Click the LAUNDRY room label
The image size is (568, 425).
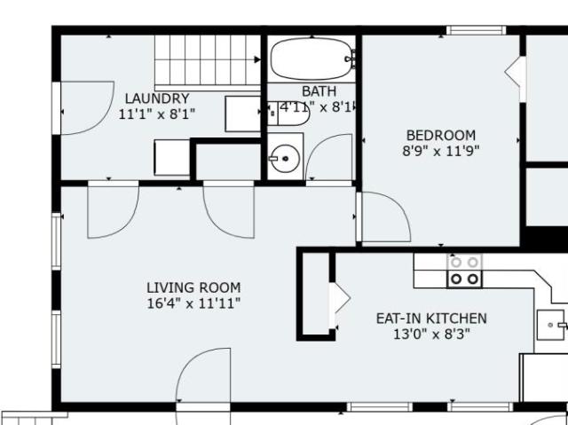pyautogui.click(x=157, y=98)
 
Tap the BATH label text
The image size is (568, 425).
pyautogui.click(x=319, y=91)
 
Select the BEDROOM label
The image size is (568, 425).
pyautogui.click(x=441, y=136)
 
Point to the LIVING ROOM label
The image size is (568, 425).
pyautogui.click(x=193, y=287)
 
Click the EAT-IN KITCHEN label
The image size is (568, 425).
pyautogui.click(x=431, y=319)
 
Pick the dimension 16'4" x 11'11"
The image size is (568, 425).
pyautogui.click(x=193, y=303)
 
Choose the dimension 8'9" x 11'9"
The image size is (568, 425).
pyautogui.click(x=441, y=151)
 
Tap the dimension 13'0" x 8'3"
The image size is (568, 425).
pyautogui.click(x=431, y=334)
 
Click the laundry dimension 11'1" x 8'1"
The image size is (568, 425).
pyautogui.click(x=157, y=114)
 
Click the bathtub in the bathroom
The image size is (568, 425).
pyautogui.click(x=312, y=59)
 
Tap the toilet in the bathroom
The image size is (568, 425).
pyautogui.click(x=288, y=114)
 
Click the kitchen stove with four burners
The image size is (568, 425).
pyautogui.click(x=464, y=271)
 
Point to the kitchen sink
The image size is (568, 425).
pyautogui.click(x=551, y=325)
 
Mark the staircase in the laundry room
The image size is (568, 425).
pyautogui.click(x=207, y=62)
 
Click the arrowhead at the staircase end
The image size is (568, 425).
pyautogui.click(x=257, y=59)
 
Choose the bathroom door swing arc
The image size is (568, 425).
pyautogui.click(x=319, y=143)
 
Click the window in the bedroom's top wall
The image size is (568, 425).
pyautogui.click(x=476, y=30)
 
